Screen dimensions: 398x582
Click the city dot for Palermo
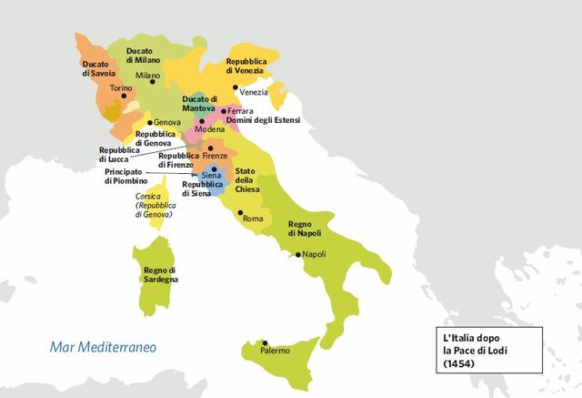pyautogui.click(x=265, y=342)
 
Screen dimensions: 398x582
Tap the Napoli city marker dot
pyautogui.click(x=296, y=254)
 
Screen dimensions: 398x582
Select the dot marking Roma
pyautogui.click(x=241, y=217)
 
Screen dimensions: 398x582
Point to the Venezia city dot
pyautogui.click(x=235, y=91)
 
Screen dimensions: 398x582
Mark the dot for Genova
pyautogui.click(x=151, y=121)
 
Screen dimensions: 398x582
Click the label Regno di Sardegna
pyautogui.click(x=160, y=274)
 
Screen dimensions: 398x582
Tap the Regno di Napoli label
pyautogui.click(x=306, y=229)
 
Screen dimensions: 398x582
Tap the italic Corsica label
pyautogui.click(x=148, y=196)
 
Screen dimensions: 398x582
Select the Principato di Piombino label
pyautogui.click(x=125, y=176)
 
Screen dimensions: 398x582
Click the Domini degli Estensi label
pyautogui.click(x=263, y=120)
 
